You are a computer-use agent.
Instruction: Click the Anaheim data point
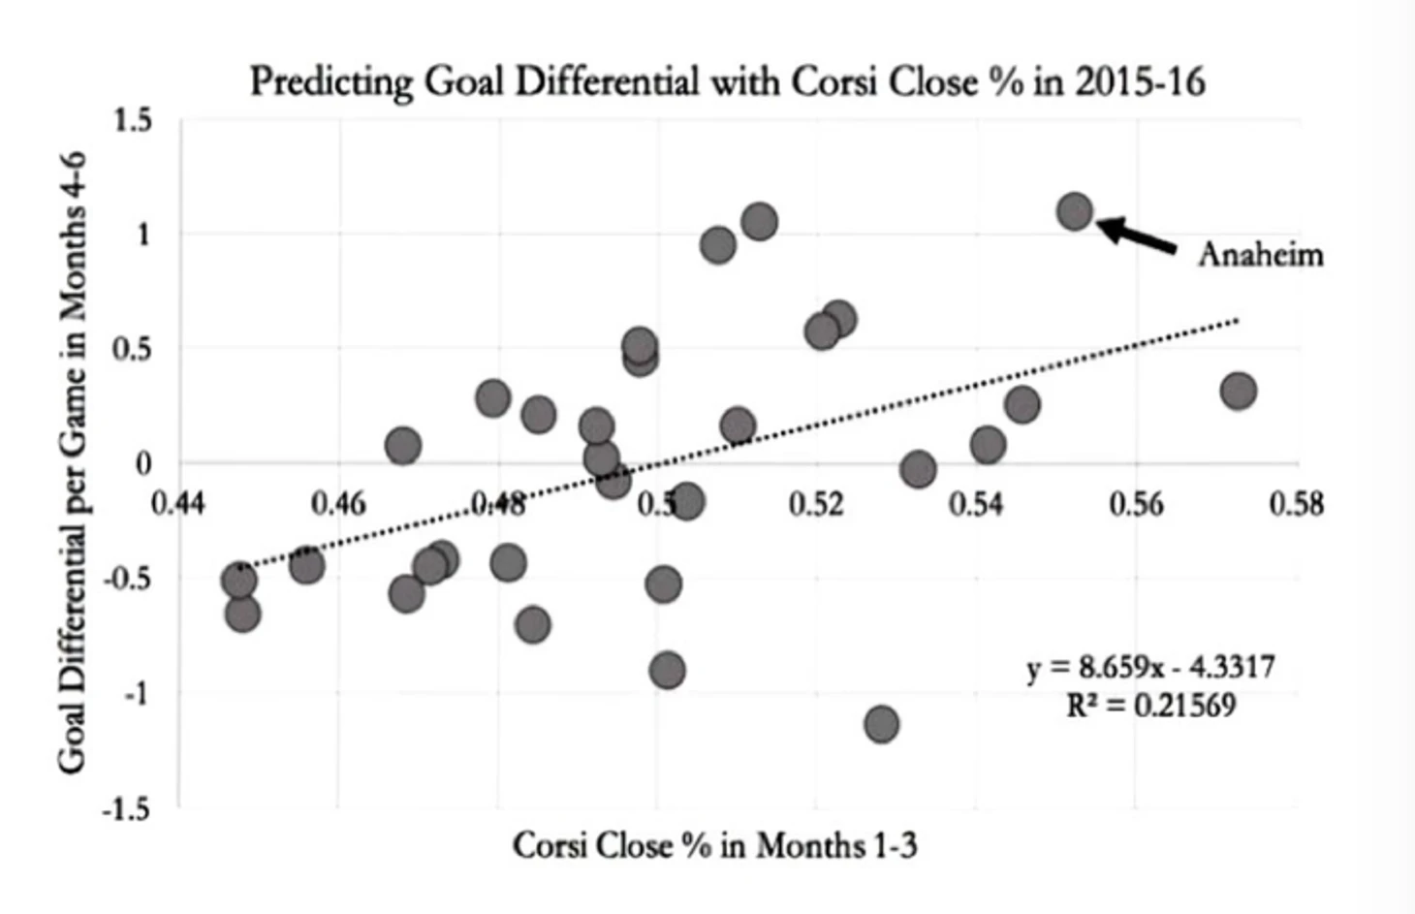[x=1075, y=211]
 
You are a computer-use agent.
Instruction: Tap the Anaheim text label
[x=1260, y=255]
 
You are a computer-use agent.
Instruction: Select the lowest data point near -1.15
[x=881, y=724]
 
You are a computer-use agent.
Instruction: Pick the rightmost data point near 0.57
[x=1239, y=392]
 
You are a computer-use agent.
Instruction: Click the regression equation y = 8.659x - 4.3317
[x=1150, y=668]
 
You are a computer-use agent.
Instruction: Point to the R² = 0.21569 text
[x=1150, y=706]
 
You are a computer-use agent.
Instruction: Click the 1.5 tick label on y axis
[x=133, y=121]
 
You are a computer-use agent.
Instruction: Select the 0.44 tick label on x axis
[x=178, y=504]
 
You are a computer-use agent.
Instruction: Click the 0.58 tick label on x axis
[x=1296, y=504]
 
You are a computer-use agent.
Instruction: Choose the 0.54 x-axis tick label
[x=976, y=504]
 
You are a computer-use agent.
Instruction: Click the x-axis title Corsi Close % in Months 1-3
[x=714, y=846]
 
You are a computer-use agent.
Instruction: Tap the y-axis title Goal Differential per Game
[x=72, y=463]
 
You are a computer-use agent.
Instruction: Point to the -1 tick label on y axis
[x=138, y=694]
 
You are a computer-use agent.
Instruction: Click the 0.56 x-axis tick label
[x=1136, y=504]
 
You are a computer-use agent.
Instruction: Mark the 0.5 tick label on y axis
[x=133, y=349]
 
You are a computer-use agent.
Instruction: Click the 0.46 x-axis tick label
[x=338, y=504]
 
